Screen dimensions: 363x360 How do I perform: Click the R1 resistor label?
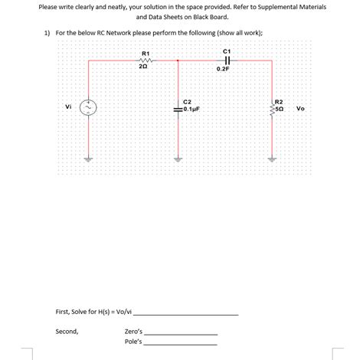(146, 53)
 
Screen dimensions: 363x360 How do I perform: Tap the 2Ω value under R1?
(143, 67)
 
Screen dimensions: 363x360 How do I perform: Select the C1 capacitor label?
(227, 51)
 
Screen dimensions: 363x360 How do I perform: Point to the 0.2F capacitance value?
(223, 69)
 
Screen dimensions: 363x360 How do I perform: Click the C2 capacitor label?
(188, 102)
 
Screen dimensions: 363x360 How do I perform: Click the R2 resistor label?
(279, 102)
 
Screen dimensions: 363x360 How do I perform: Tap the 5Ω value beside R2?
(280, 109)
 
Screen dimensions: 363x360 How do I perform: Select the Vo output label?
(300, 109)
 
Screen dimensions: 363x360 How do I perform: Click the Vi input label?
(70, 106)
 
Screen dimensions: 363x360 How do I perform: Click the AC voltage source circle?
(89, 109)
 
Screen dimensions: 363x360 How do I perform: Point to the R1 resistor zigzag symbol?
(146, 61)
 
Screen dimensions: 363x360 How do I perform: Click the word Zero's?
(133, 332)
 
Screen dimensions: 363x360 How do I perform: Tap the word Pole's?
(133, 342)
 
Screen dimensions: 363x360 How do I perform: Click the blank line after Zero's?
(181, 333)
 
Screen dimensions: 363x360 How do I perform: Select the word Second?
(67, 332)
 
